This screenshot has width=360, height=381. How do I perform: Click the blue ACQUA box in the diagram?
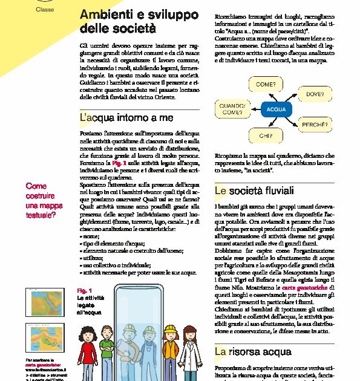pyautogui.click(x=275, y=110)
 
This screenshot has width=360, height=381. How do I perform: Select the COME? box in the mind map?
pyautogui.click(x=266, y=85)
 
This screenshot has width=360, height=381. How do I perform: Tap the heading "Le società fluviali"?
pyautogui.click(x=254, y=191)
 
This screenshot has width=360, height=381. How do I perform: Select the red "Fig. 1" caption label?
pyautogui.click(x=84, y=290)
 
